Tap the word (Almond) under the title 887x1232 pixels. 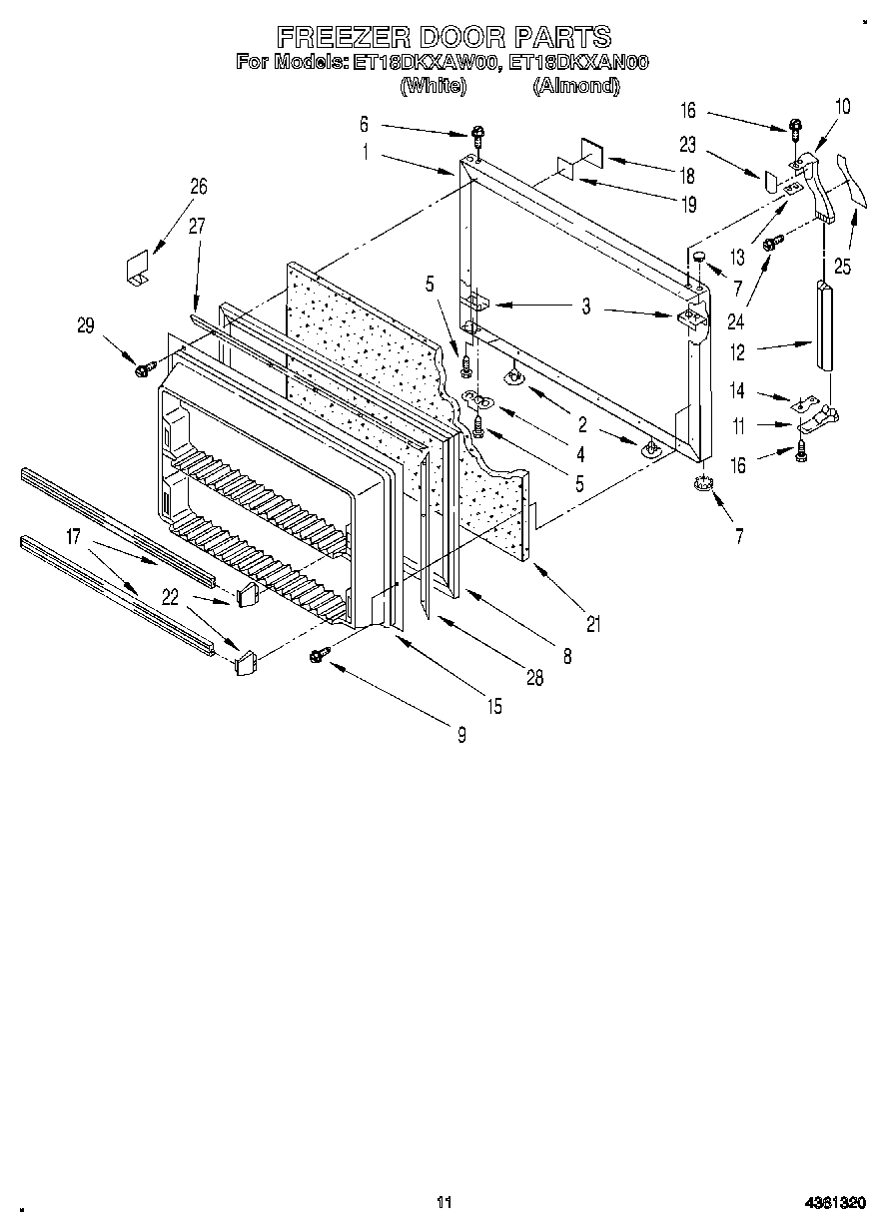(575, 86)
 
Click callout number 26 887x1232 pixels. (198, 185)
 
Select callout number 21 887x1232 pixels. (594, 626)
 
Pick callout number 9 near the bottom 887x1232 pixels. (461, 735)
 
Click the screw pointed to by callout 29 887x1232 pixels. (143, 370)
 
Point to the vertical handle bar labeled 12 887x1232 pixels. (823, 324)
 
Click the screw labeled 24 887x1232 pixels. (770, 244)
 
